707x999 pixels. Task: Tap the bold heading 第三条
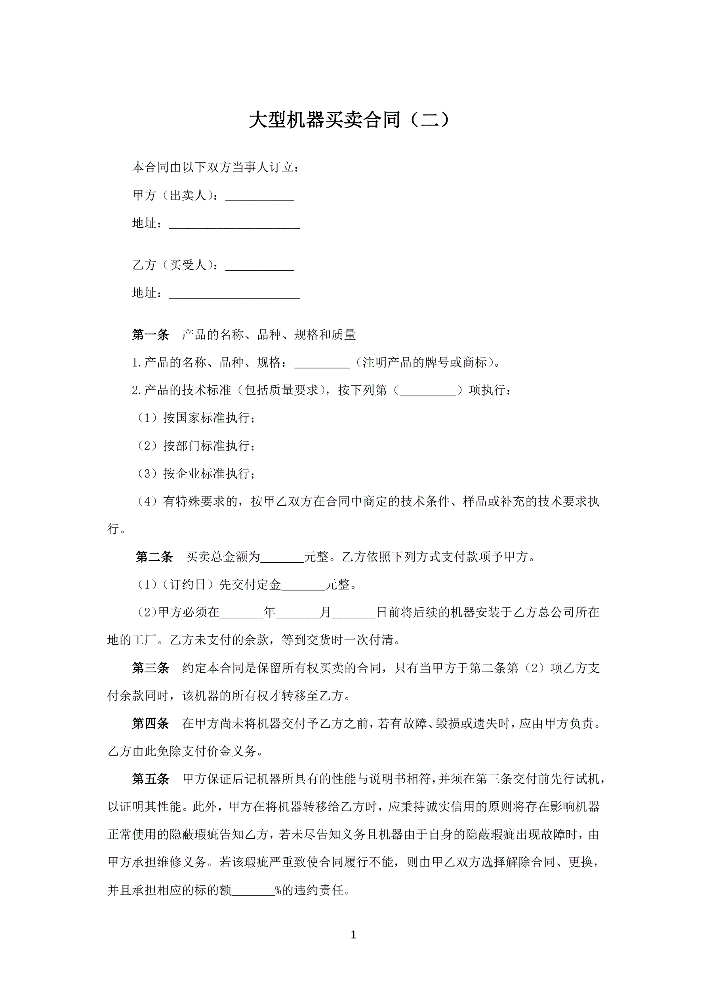click(151, 668)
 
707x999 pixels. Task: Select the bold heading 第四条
click(151, 723)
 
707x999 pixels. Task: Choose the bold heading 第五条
click(151, 779)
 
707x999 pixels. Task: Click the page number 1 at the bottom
click(353, 934)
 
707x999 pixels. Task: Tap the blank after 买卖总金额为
click(282, 558)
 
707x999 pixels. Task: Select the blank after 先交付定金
click(303, 585)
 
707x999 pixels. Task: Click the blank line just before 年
click(242, 613)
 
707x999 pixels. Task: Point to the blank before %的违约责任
click(253, 891)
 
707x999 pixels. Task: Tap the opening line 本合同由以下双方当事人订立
click(216, 167)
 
